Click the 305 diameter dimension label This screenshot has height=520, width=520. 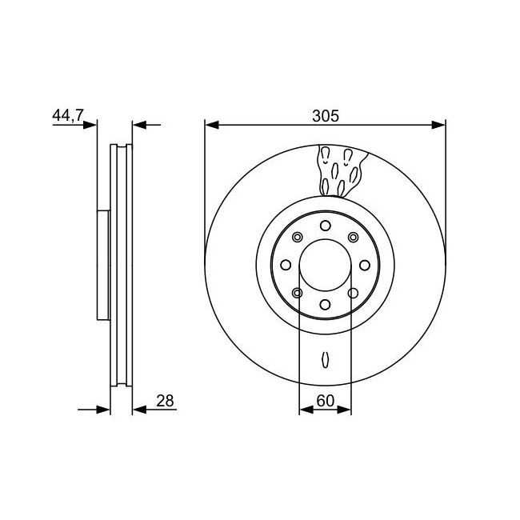coord(326,116)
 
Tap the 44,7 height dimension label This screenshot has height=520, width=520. coord(68,115)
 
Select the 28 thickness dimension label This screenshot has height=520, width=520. coord(165,401)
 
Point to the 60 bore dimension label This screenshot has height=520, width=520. coord(325,401)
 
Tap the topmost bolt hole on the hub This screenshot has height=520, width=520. coord(326,226)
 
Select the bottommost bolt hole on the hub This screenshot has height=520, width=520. coord(326,305)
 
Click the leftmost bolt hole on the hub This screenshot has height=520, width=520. coord(286,265)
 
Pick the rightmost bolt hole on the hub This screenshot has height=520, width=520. coord(365,265)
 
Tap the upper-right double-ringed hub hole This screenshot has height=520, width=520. coord(353,237)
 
